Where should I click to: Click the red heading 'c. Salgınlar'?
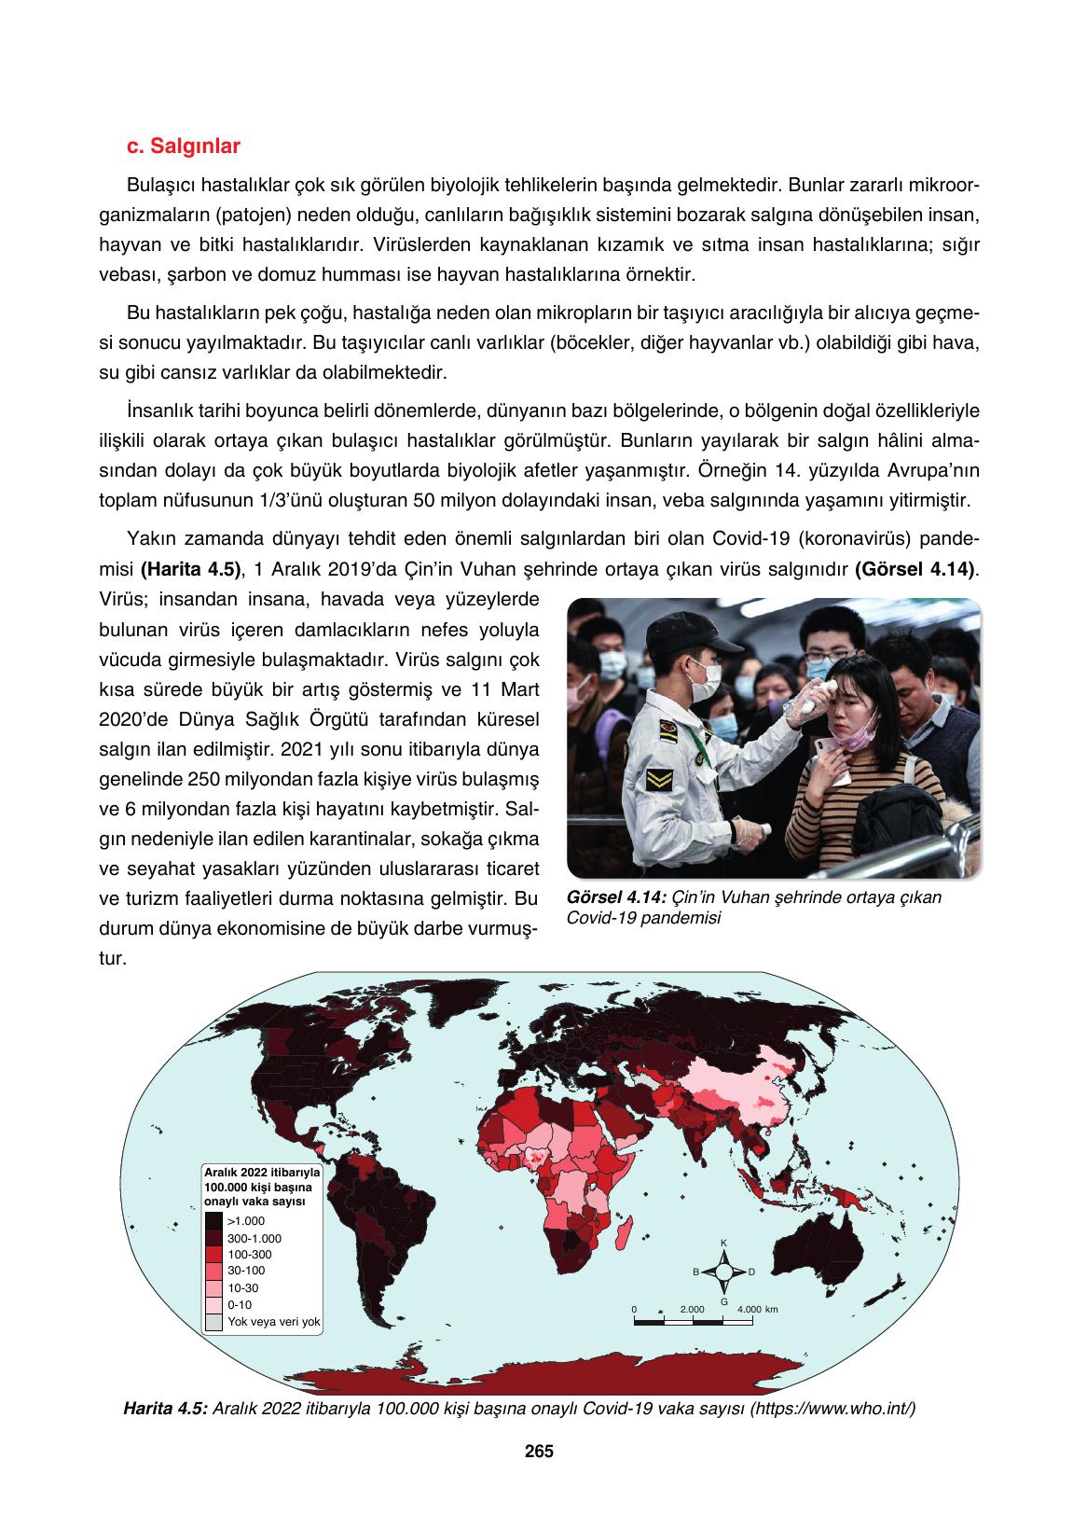[x=183, y=146]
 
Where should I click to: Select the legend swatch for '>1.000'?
[x=214, y=1220]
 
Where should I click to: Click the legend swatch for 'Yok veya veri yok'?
[x=214, y=1322]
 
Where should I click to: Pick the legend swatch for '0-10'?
[x=214, y=1305]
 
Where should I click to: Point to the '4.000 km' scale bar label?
[x=757, y=1309]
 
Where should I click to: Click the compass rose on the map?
[x=723, y=1272]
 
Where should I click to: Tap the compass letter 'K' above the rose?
[x=723, y=1243]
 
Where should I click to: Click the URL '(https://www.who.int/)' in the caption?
[x=832, y=1408]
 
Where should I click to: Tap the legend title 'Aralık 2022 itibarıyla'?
[x=262, y=1170]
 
